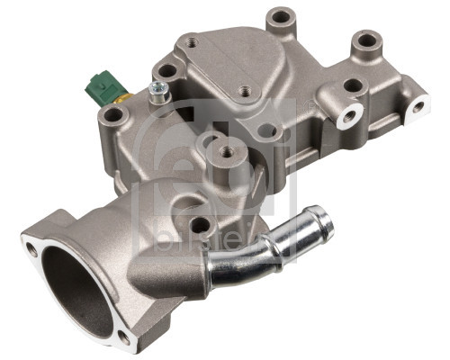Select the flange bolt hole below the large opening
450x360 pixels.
[x=123, y=337]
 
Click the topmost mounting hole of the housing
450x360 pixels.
[x=282, y=16]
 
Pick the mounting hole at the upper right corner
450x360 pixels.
[x=366, y=40]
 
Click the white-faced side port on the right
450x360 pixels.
[x=347, y=115]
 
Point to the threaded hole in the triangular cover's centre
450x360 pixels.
[x=244, y=91]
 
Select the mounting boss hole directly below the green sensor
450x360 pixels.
[x=112, y=115]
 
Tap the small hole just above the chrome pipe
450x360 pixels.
[x=201, y=225]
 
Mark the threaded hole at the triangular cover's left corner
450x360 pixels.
[x=191, y=41]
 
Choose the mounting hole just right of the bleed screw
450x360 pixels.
[x=168, y=70]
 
